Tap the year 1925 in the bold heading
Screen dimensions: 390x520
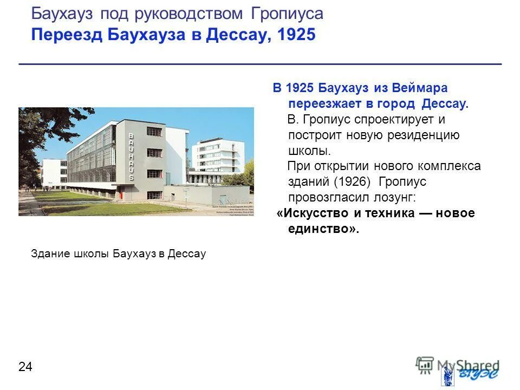[x=296, y=36]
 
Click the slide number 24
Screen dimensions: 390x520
[x=25, y=367]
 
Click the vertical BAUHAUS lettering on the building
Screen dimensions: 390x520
[x=131, y=155]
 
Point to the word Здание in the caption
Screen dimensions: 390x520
[x=49, y=253]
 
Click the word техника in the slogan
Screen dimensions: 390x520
[x=390, y=213]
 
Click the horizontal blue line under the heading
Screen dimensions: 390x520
[x=260, y=64]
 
